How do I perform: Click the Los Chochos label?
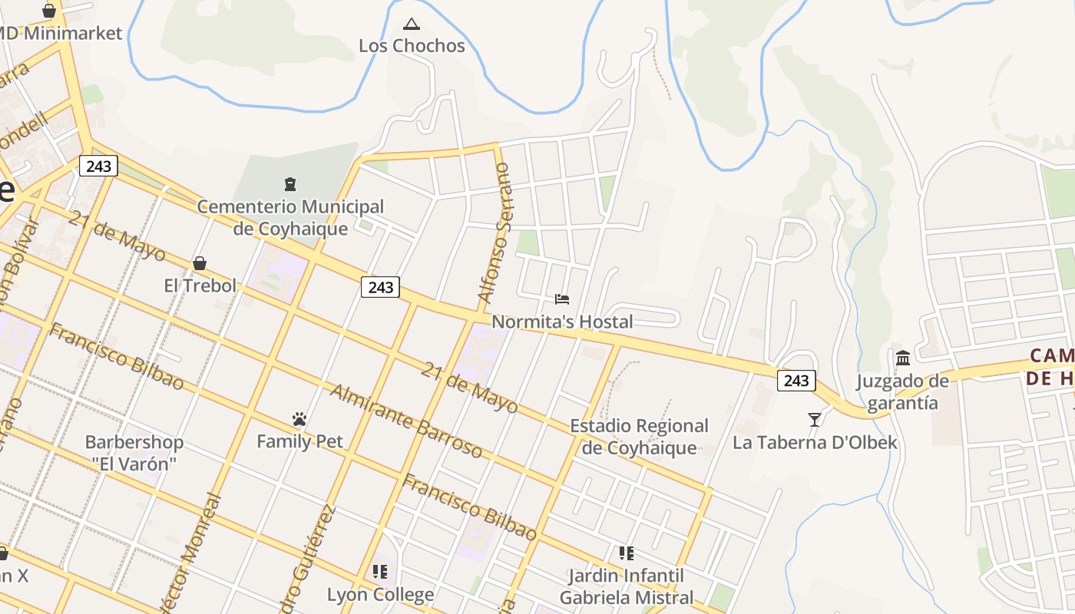click(x=412, y=46)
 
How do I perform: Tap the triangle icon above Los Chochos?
click(x=412, y=25)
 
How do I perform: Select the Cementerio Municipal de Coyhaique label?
click(x=290, y=217)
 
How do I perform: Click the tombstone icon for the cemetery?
click(x=290, y=184)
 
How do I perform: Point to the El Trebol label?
click(x=200, y=286)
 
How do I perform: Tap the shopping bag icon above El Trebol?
click(x=200, y=263)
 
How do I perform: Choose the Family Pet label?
click(x=299, y=441)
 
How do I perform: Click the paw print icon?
click(x=299, y=419)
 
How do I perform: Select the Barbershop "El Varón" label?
click(x=134, y=453)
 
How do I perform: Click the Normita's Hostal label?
click(x=562, y=322)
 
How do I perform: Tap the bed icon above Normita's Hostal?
click(x=562, y=299)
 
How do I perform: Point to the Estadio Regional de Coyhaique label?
click(x=639, y=437)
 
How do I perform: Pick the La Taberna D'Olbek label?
click(x=814, y=443)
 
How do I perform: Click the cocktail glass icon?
click(x=814, y=419)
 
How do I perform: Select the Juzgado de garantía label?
click(x=903, y=391)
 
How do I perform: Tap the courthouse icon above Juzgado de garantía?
click(x=903, y=358)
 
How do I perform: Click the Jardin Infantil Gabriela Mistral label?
click(x=626, y=586)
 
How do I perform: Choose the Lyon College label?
click(x=380, y=595)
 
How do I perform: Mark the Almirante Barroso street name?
click(x=406, y=421)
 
